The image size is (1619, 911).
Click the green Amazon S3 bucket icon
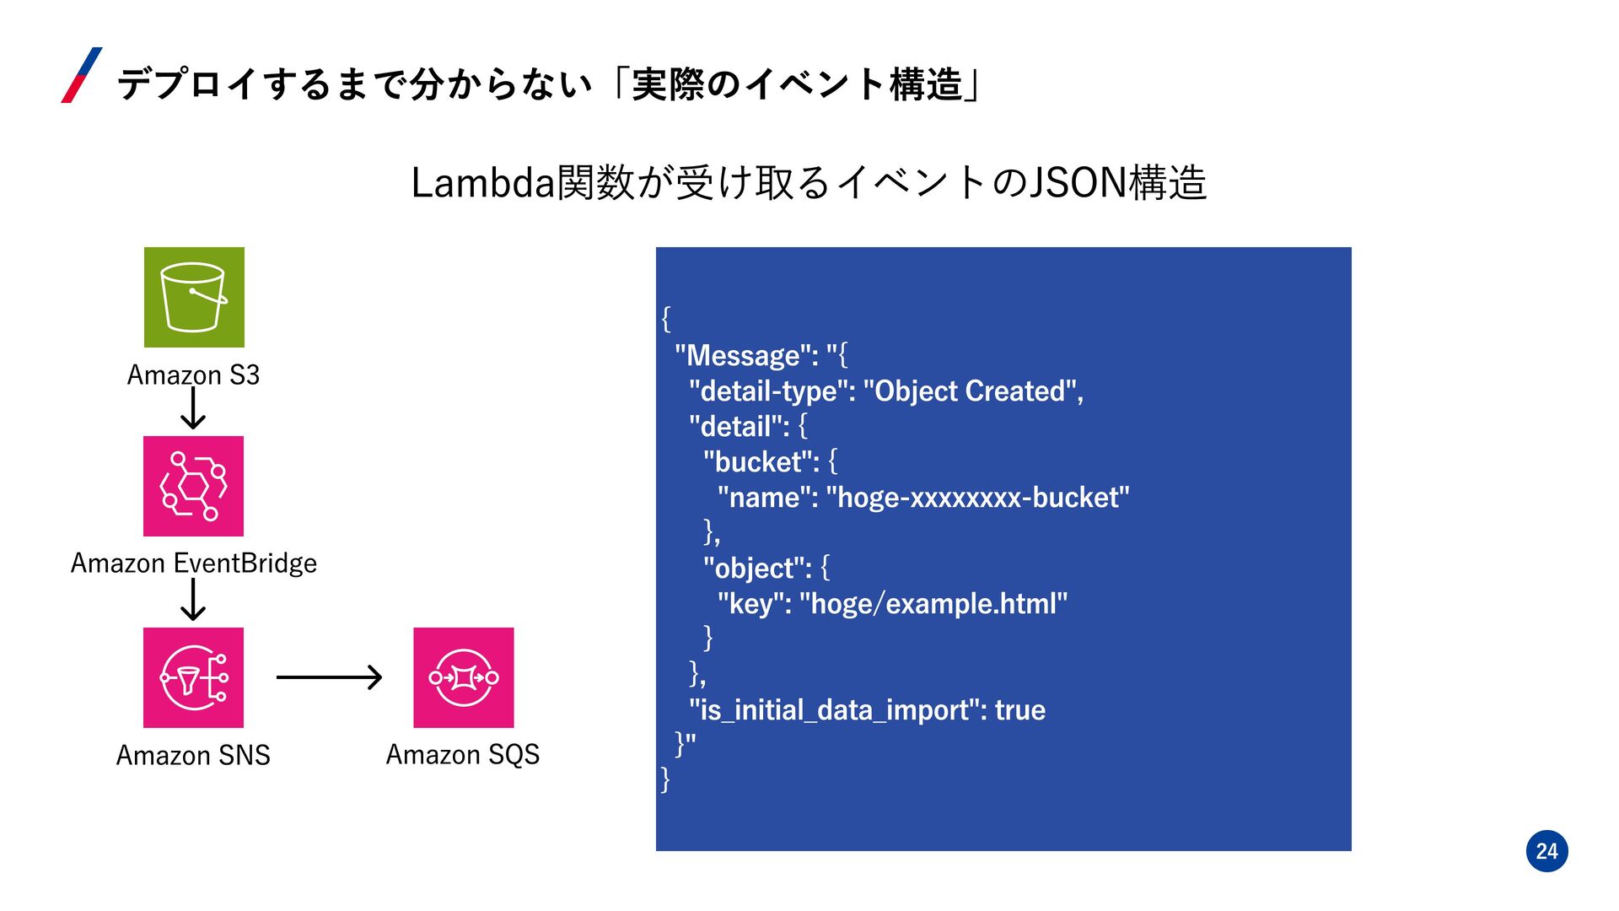click(x=194, y=297)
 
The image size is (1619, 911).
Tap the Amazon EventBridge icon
click(x=193, y=486)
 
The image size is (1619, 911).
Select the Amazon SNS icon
click(x=193, y=677)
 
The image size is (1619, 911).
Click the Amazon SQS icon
click(x=463, y=677)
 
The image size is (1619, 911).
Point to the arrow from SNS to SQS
click(x=329, y=677)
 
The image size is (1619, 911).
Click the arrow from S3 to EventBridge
click(x=193, y=410)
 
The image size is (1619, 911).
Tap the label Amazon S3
click(x=193, y=375)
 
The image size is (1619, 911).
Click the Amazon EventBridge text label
click(x=193, y=563)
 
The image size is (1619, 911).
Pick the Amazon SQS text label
click(x=462, y=754)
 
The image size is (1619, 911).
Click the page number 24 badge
click(x=1546, y=851)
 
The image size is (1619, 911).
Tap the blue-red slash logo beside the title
click(x=82, y=75)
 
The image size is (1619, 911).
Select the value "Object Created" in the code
click(x=970, y=391)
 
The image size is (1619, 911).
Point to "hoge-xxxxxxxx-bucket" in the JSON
click(x=977, y=498)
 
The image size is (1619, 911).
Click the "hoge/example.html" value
click(x=933, y=604)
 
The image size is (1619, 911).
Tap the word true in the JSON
click(x=1019, y=710)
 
